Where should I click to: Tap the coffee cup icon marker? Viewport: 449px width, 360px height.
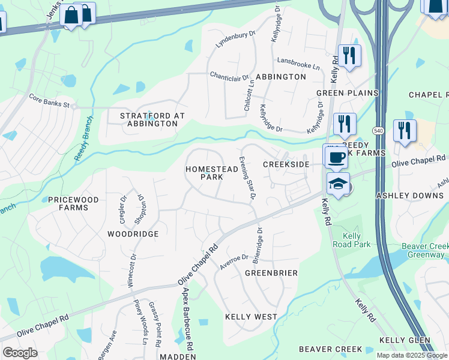tap(336, 158)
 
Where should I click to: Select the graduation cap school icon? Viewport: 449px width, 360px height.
tap(338, 184)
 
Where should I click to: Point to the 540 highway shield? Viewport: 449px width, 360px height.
tap(378, 130)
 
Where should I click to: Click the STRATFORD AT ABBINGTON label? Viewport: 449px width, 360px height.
tap(152, 119)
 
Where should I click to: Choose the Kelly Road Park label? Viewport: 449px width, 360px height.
tap(352, 240)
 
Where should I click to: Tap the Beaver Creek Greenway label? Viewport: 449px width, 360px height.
tap(423, 251)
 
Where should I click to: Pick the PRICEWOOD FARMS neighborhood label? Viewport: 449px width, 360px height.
tap(68, 203)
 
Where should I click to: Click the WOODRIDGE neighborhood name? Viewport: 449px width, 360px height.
tap(133, 233)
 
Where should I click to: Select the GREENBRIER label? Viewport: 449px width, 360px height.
tap(271, 272)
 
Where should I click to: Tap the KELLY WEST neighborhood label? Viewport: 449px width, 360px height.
tap(251, 316)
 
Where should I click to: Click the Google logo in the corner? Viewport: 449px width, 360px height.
tap(20, 353)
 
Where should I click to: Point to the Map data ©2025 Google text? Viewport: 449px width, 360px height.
tap(412, 355)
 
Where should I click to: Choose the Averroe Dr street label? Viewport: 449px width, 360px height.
tap(233, 262)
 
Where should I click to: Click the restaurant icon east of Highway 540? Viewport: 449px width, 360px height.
tap(405, 130)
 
